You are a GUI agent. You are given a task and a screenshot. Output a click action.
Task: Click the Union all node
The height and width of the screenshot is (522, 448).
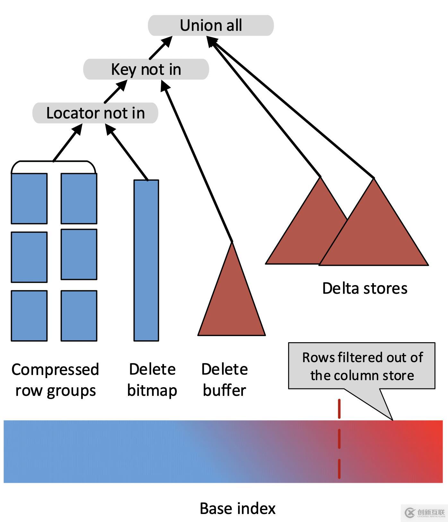coord(211,25)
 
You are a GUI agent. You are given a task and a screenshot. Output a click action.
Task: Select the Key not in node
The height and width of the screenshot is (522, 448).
coord(146,69)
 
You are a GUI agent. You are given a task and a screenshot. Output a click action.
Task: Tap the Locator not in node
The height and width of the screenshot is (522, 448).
coord(95,113)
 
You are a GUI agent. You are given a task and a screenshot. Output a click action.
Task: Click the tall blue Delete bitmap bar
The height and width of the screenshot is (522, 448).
coord(146,260)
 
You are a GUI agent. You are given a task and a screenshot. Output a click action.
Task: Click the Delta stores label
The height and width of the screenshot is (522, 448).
coord(365,288)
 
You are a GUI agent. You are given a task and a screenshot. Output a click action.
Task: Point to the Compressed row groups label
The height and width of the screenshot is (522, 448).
coord(55,380)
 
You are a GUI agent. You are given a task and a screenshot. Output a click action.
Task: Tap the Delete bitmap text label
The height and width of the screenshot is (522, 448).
coord(152,380)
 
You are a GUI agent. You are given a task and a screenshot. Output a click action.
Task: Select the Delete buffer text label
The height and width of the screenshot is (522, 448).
coord(225,380)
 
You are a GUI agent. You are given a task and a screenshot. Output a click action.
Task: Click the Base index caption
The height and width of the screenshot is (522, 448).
coord(237,509)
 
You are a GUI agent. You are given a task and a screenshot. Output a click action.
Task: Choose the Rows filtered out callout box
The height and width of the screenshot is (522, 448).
coord(362,366)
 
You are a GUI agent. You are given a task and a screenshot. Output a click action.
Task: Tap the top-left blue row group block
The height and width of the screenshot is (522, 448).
coord(29,198)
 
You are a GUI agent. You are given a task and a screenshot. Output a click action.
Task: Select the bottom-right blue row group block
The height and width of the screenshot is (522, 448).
coord(79,316)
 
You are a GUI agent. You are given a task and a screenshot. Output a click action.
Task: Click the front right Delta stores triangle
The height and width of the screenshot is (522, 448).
coord(374,222)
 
